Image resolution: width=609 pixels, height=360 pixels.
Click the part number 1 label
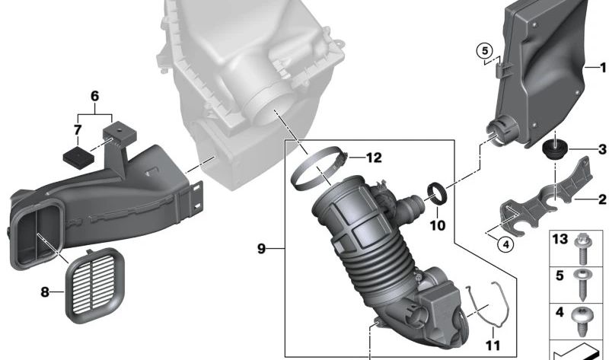click(x=603, y=68)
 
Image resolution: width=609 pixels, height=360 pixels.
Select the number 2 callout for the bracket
click(x=602, y=199)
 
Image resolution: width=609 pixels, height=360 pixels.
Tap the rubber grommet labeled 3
click(x=555, y=149)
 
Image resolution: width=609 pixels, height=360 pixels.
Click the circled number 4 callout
click(x=505, y=244)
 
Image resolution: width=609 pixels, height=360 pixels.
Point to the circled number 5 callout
click(x=484, y=51)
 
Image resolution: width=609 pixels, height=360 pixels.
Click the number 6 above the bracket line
click(x=94, y=97)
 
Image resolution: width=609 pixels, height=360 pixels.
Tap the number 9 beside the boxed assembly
click(x=261, y=249)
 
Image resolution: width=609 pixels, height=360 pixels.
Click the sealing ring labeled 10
click(x=437, y=194)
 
